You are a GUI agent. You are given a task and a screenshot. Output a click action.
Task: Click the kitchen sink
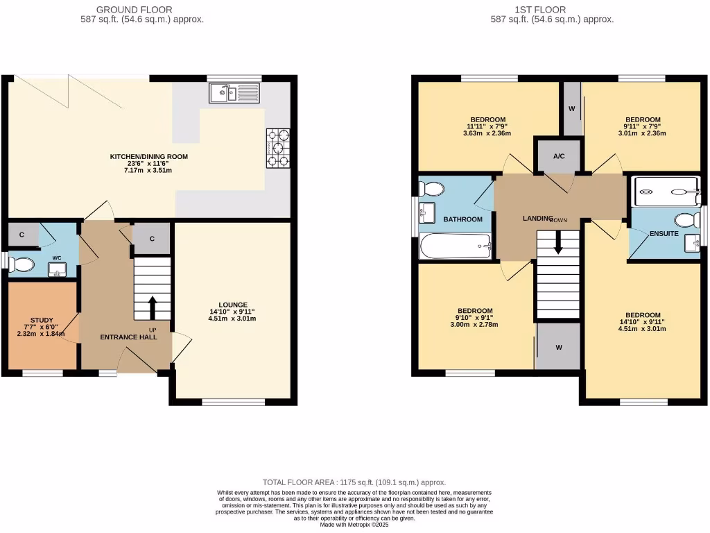233,93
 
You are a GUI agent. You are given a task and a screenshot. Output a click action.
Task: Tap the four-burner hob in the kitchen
278,148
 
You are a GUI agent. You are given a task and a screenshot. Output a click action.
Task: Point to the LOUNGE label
232,304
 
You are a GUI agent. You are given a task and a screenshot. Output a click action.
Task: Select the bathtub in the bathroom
456,245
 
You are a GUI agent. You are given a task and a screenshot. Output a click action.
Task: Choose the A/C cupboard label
559,156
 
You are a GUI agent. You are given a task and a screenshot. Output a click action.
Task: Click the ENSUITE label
664,234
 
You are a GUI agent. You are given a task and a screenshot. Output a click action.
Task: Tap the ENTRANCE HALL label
128,337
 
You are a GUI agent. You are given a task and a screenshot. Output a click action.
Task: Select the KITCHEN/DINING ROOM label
148,157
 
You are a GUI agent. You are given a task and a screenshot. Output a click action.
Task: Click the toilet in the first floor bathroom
432,188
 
